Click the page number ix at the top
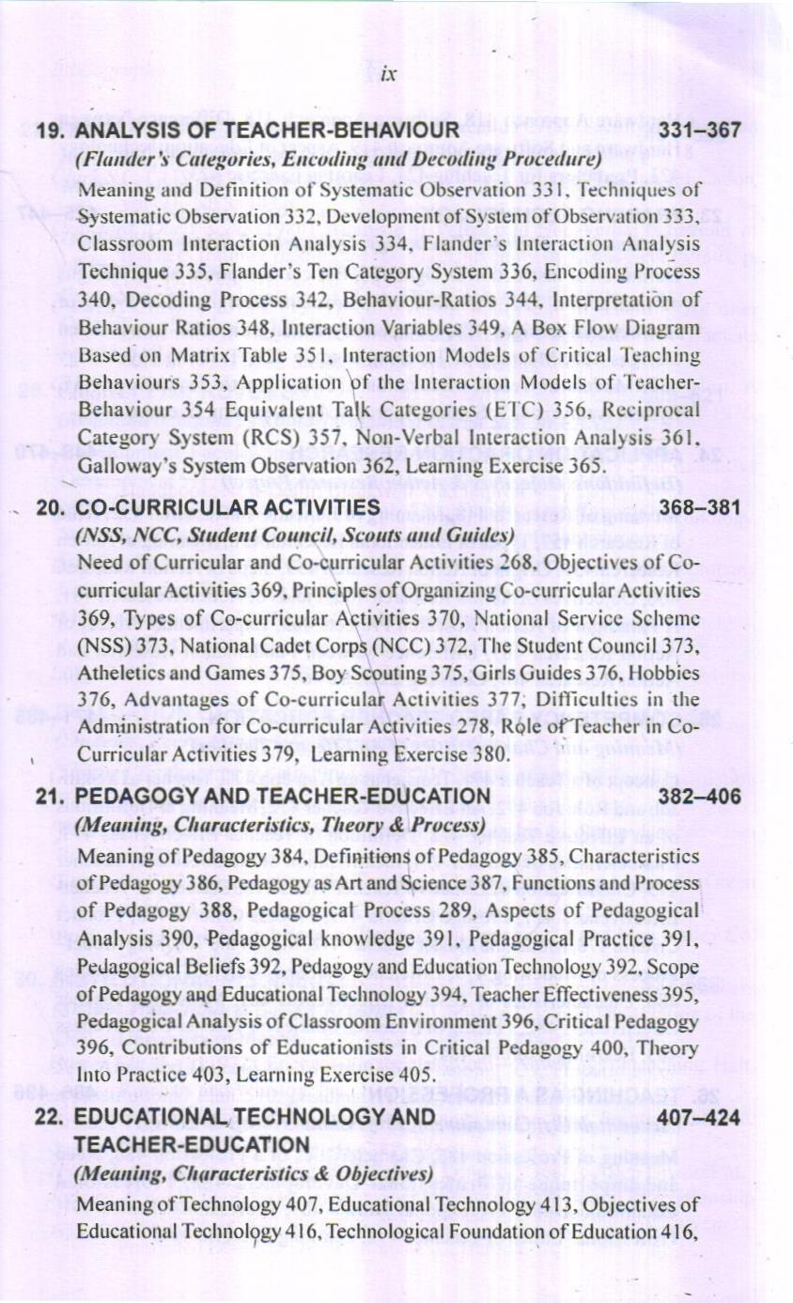click(387, 76)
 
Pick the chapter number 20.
click(50, 508)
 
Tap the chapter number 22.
click(49, 1118)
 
